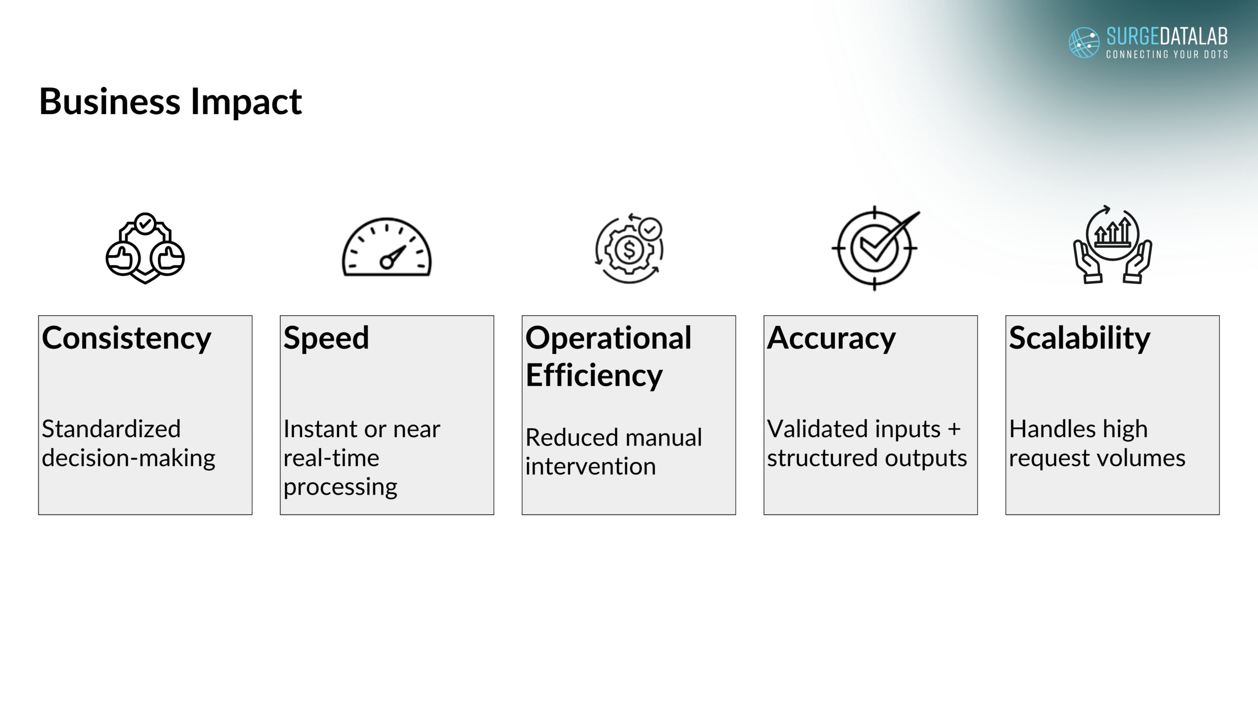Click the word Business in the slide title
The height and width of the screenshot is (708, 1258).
click(x=110, y=101)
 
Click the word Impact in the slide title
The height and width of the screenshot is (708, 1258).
click(x=246, y=102)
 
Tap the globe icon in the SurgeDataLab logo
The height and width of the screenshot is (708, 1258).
click(x=1084, y=42)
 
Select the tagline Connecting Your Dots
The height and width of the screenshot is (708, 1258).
click(x=1167, y=54)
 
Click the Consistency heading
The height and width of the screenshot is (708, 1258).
click(x=126, y=339)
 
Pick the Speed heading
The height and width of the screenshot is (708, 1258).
click(x=326, y=339)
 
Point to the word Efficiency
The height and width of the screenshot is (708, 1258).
click(x=594, y=376)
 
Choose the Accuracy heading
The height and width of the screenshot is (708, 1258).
click(x=831, y=339)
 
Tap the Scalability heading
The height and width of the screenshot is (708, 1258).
click(x=1080, y=339)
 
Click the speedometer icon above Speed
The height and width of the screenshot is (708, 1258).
click(x=386, y=247)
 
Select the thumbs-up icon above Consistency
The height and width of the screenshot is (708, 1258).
click(x=145, y=248)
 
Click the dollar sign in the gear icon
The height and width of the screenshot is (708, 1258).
click(x=629, y=250)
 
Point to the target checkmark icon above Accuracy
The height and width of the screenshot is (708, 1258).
click(x=875, y=248)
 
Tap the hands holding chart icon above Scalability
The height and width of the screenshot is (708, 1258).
click(x=1113, y=244)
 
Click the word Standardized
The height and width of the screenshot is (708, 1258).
click(x=111, y=429)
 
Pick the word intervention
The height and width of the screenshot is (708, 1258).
click(x=590, y=466)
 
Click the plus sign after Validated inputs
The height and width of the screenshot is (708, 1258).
click(x=954, y=429)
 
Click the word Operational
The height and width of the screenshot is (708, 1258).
click(x=608, y=339)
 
